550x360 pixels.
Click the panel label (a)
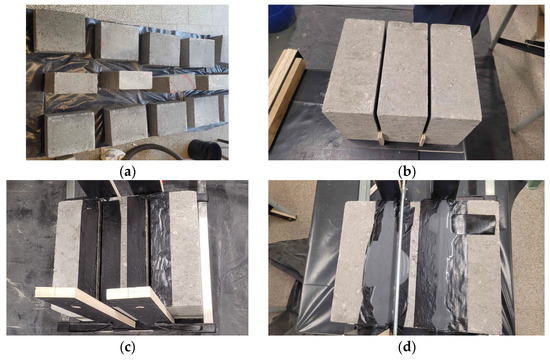tap(127, 172)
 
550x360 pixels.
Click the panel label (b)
tap(407, 172)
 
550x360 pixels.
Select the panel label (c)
tap(127, 347)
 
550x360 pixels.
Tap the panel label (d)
tap(407, 347)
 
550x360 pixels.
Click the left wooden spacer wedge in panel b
tap(381, 138)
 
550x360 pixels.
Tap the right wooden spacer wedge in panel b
tap(422, 139)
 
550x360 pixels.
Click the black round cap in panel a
tap(204, 149)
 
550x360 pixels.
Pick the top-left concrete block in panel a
tap(60, 31)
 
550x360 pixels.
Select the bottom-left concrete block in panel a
tap(70, 134)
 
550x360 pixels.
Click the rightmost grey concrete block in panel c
tap(186, 253)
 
